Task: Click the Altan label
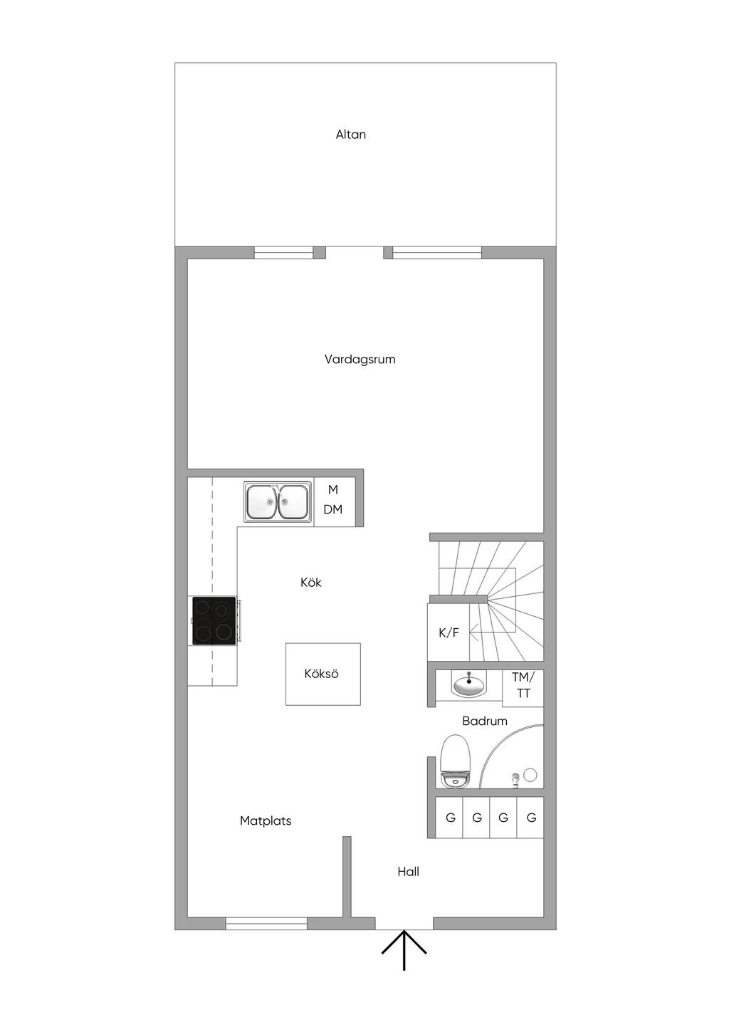click(351, 135)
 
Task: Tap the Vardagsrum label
click(360, 360)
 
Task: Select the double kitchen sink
click(278, 502)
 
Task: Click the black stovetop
click(214, 621)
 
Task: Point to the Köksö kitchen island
click(322, 674)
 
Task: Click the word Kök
click(311, 583)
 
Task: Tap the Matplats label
click(266, 821)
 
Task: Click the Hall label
click(409, 872)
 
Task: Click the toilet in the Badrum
click(456, 762)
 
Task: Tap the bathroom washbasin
click(469, 686)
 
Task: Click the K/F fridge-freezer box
click(449, 632)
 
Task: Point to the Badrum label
click(485, 721)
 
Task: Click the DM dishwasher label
click(333, 510)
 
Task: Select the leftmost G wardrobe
click(450, 818)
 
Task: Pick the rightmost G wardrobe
click(531, 818)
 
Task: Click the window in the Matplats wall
click(266, 924)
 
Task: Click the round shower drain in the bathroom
click(530, 775)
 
